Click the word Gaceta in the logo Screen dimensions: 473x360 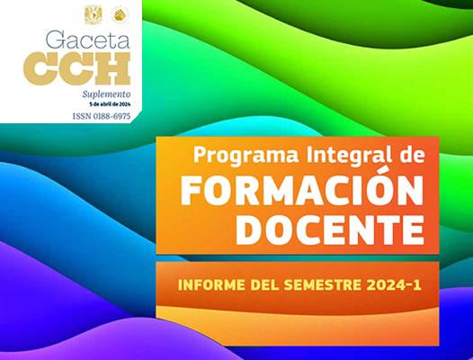coord(87,40)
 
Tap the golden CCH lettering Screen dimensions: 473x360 coord(77,68)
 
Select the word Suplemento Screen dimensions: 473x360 coord(106,94)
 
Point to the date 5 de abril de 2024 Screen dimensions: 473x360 coord(110,104)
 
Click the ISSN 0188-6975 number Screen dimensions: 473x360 coord(102,116)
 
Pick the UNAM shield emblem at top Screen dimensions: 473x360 coord(94,14)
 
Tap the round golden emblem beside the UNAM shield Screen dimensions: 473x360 coord(120,14)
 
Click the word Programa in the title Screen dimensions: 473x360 coord(246,156)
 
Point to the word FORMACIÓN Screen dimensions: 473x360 coord(302,190)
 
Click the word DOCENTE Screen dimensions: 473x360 coord(330,229)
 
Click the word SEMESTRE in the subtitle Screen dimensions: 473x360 coord(322,285)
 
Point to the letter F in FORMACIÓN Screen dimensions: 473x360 coord(190,191)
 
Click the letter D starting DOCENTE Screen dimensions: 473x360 coord(248,229)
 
